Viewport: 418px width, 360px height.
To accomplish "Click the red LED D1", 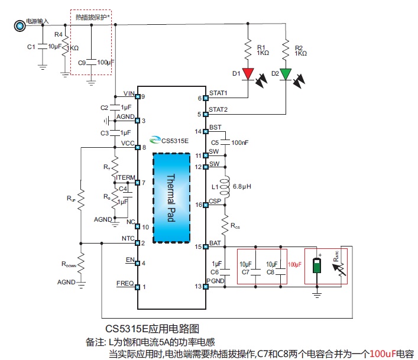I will point(248,74).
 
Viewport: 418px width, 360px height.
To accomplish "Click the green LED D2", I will point(286,74).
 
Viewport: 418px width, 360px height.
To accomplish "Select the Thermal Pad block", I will point(171,198).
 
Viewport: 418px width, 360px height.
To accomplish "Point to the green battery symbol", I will point(317,264).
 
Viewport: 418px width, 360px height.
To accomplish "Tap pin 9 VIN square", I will point(137,96).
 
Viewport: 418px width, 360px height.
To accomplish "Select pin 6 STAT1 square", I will point(205,98).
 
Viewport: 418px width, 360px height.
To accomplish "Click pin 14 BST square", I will point(205,131).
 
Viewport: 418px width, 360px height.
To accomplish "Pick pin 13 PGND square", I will point(205,287).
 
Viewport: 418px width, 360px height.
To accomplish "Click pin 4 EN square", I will point(137,263).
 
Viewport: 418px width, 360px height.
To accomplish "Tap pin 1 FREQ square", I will point(137,287).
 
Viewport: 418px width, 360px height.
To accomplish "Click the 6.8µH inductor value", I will point(242,186).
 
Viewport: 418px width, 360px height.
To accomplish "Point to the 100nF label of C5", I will point(240,142).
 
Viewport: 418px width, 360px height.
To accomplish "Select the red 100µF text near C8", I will point(295,264).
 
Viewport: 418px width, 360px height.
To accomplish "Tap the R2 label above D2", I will point(299,47).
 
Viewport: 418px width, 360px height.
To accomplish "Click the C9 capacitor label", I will point(82,62).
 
